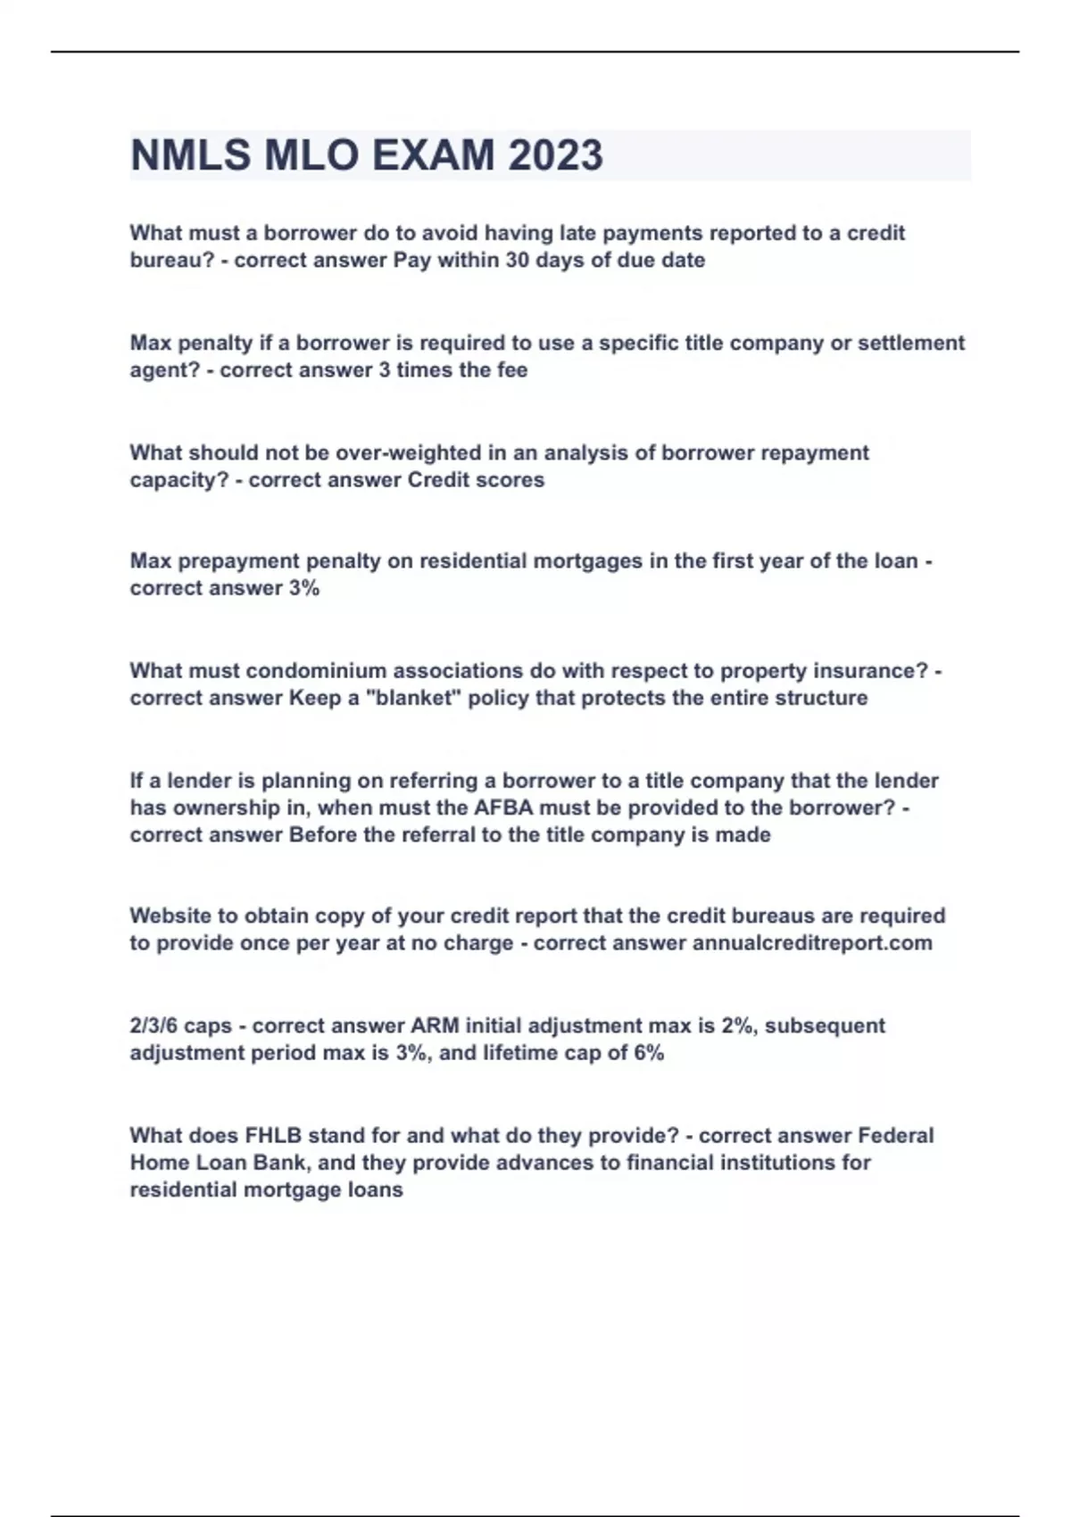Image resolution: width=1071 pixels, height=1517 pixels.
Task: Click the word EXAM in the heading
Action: pos(432,155)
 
